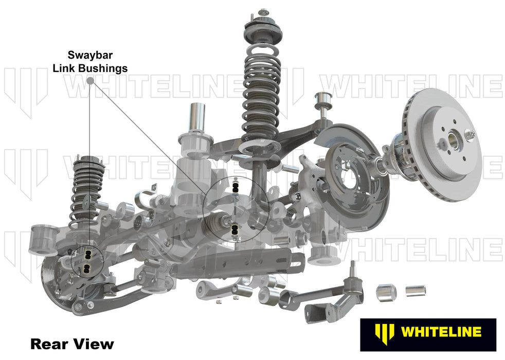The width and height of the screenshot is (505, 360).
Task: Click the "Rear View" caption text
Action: click(72, 343)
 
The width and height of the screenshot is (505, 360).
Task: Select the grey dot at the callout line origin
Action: click(91, 80)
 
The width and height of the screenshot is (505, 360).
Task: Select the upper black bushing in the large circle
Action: click(236, 186)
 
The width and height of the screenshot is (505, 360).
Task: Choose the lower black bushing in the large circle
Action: click(235, 231)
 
